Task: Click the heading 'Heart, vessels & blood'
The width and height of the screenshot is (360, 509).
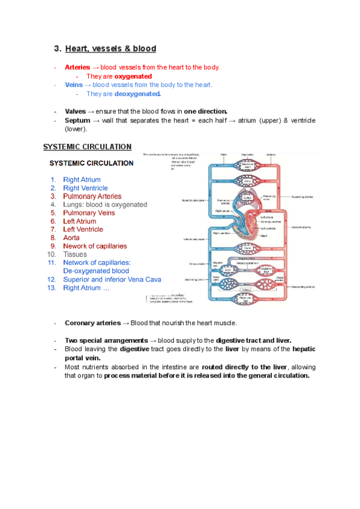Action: point(110,49)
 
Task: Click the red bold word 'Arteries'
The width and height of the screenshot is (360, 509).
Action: point(77,67)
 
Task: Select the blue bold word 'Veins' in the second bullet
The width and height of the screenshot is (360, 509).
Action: point(74,85)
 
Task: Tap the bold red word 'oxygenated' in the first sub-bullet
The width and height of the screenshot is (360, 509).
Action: point(133,76)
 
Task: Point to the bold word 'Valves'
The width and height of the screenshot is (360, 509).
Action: point(76,112)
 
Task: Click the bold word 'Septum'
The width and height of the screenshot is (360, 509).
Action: point(77,121)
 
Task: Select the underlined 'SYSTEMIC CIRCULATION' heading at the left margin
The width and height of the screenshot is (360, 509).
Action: point(87,146)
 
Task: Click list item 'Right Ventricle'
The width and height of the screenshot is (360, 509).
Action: point(85,188)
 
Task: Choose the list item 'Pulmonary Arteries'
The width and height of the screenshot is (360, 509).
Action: point(92,196)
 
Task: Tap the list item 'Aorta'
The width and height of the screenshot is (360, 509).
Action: point(71,238)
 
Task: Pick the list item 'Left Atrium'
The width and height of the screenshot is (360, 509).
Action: point(79,221)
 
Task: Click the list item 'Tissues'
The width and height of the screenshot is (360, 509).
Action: point(75,254)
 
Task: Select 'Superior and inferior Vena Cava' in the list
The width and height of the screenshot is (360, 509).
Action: point(112,279)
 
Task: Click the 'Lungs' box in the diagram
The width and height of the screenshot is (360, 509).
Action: point(247,197)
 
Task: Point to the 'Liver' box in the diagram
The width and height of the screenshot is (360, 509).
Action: point(228,271)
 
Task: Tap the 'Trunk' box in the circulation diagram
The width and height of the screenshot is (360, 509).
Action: point(247,247)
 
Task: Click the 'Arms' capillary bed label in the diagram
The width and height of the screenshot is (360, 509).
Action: point(247,181)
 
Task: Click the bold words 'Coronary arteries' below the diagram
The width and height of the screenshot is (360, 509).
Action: point(92,323)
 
